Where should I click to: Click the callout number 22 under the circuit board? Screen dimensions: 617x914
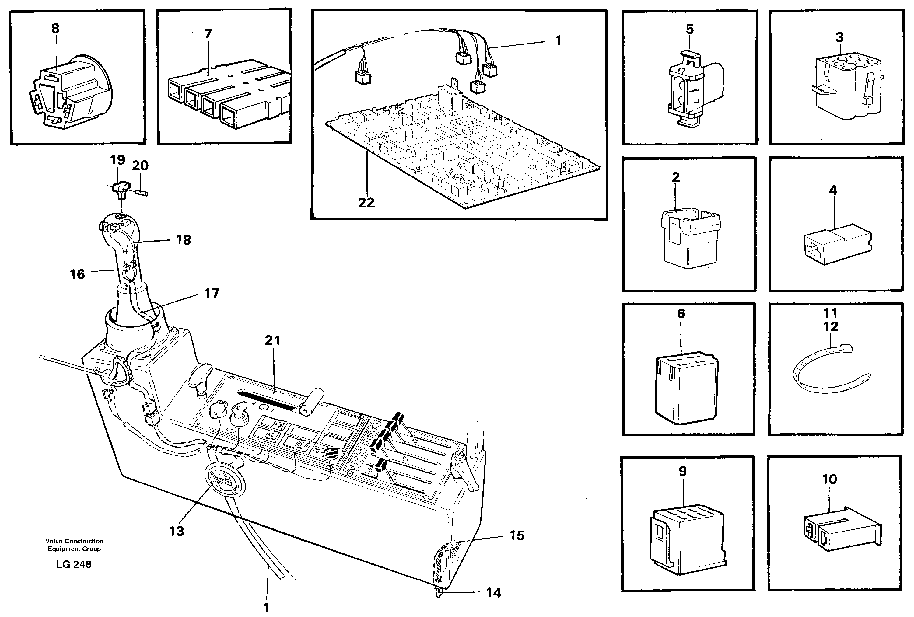[366, 203]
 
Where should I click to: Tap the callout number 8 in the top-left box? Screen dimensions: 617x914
[55, 28]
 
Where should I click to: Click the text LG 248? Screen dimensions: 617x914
[74, 564]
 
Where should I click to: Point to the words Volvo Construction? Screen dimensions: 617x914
[74, 541]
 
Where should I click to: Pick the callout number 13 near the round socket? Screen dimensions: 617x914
[177, 531]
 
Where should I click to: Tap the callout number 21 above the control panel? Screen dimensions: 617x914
[272, 340]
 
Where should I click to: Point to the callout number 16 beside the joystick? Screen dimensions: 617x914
[78, 274]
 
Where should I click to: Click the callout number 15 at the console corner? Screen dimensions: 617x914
[517, 535]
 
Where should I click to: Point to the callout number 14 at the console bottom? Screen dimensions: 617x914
[494, 593]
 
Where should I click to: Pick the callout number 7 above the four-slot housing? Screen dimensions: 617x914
[208, 34]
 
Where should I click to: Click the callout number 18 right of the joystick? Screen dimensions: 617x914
[184, 240]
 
